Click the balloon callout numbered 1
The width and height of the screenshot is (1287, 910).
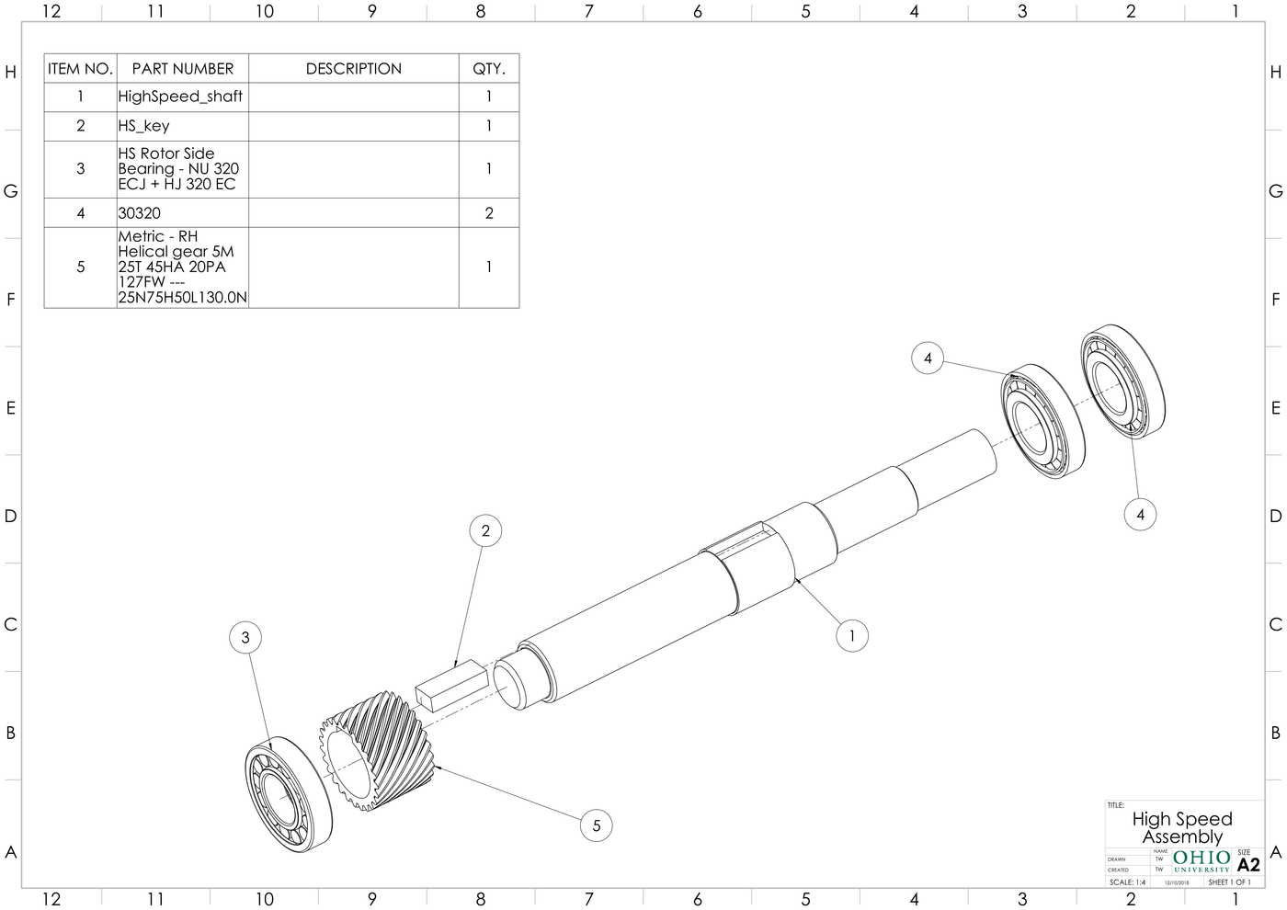pyautogui.click(x=852, y=635)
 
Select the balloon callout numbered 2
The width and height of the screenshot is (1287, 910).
pyautogui.click(x=485, y=530)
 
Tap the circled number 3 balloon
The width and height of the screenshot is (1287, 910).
pyautogui.click(x=245, y=637)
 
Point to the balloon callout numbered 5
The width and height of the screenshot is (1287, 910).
pyautogui.click(x=596, y=825)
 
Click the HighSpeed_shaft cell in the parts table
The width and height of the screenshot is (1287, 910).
pyautogui.click(x=182, y=97)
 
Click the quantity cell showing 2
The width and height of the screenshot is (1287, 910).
pyautogui.click(x=489, y=213)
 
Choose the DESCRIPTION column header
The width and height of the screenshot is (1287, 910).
pyautogui.click(x=353, y=69)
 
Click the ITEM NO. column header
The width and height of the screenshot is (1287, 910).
pyautogui.click(x=80, y=69)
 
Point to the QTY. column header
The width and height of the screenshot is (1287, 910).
pyautogui.click(x=489, y=69)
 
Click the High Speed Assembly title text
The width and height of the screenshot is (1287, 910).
pyautogui.click(x=1182, y=827)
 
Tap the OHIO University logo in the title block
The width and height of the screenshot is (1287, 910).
pyautogui.click(x=1202, y=861)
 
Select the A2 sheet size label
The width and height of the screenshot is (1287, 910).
pyautogui.click(x=1248, y=865)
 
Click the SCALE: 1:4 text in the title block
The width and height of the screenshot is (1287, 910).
pyautogui.click(x=1128, y=882)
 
